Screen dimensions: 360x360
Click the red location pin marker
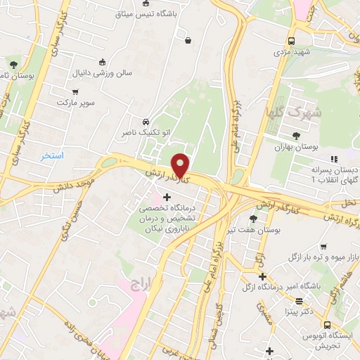pyautogui.click(x=181, y=165)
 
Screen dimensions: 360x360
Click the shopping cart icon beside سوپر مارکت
pyautogui.click(x=75, y=91)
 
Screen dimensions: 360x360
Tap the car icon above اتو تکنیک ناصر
pyautogui.click(x=145, y=120)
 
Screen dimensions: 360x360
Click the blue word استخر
pyautogui.click(x=53, y=155)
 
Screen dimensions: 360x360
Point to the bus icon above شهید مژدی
pyautogui.click(x=291, y=41)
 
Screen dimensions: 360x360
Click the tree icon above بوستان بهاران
pyautogui.click(x=295, y=136)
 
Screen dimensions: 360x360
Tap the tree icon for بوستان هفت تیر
pyautogui.click(x=253, y=219)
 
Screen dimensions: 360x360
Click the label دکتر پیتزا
pyautogui.click(x=298, y=310)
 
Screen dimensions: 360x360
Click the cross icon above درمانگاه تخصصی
pyautogui.click(x=167, y=198)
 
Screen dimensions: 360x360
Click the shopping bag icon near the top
pyautogui.click(x=188, y=39)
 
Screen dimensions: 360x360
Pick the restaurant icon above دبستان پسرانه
pyautogui.click(x=334, y=160)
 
